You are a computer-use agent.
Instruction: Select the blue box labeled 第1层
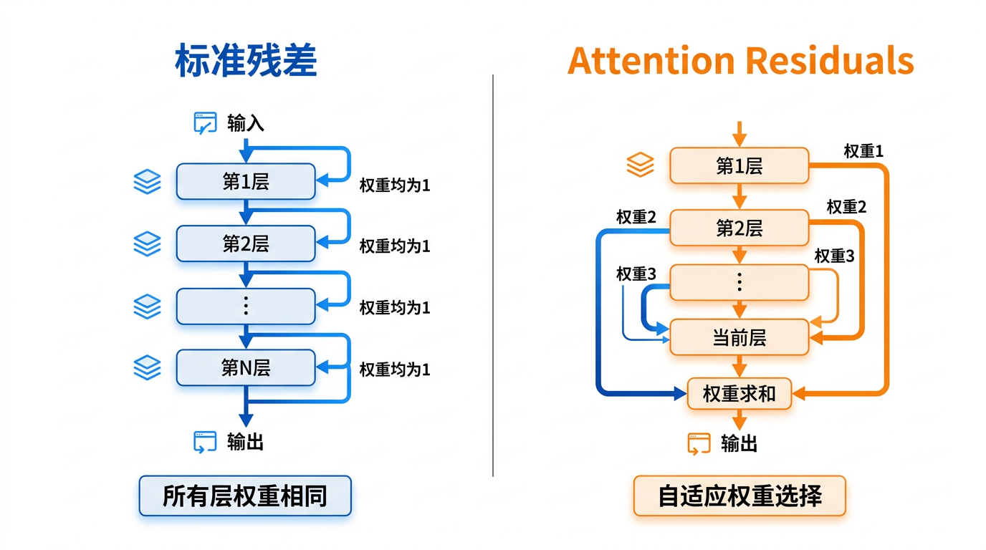(x=245, y=181)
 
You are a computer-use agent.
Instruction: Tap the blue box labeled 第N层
(x=245, y=368)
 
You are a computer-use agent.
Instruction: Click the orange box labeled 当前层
(x=739, y=337)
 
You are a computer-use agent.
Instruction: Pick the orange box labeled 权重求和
(x=739, y=393)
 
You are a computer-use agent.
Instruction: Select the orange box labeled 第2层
(x=739, y=228)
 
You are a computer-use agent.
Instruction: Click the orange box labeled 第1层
(x=739, y=166)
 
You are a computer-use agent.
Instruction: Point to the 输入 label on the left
(x=246, y=123)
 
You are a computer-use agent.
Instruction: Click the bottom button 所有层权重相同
(x=245, y=496)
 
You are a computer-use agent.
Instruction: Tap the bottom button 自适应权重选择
(x=739, y=496)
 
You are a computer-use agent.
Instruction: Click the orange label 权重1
(x=863, y=151)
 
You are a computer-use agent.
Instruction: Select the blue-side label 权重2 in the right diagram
(x=636, y=217)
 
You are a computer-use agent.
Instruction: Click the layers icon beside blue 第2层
(x=147, y=243)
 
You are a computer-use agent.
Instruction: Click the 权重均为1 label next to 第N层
(x=394, y=370)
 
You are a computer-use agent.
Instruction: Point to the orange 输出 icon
(x=699, y=444)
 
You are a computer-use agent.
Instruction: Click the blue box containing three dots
(x=245, y=306)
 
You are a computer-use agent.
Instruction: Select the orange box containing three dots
(x=739, y=282)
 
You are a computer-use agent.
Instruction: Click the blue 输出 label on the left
(x=246, y=442)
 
